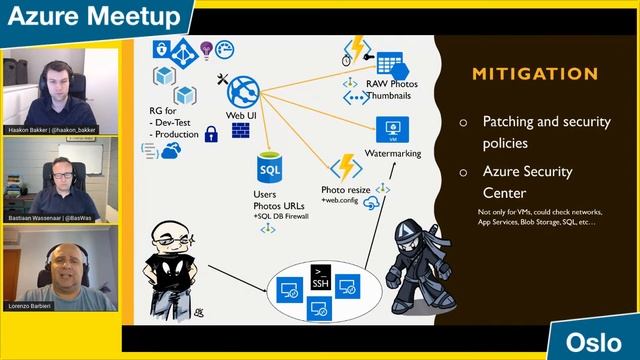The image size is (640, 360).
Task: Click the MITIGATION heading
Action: pyautogui.click(x=535, y=74)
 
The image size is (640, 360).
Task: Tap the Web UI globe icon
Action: pyautogui.click(x=244, y=92)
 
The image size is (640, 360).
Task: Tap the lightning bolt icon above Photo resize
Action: pyautogui.click(x=346, y=167)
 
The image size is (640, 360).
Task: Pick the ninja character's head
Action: pyautogui.click(x=411, y=236)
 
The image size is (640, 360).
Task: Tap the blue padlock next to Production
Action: pyautogui.click(x=211, y=133)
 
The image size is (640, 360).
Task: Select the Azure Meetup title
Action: pyautogui.click(x=92, y=15)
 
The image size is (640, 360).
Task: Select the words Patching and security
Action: pyautogui.click(x=546, y=121)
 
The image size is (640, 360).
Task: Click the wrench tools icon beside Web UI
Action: pyautogui.click(x=223, y=78)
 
